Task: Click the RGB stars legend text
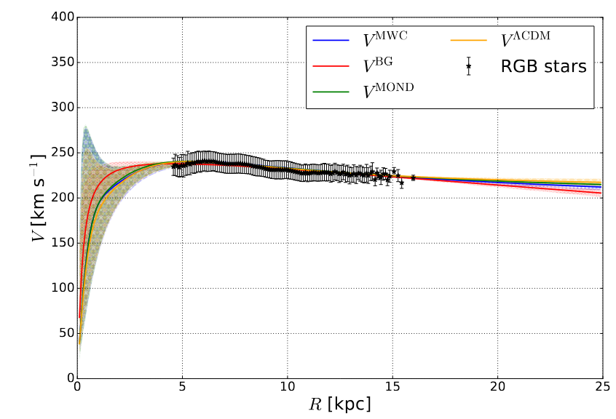543,66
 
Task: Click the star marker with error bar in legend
468,66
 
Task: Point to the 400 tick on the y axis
61,17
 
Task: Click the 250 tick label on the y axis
61,153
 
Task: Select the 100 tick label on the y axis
61,288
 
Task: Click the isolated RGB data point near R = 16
413,177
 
